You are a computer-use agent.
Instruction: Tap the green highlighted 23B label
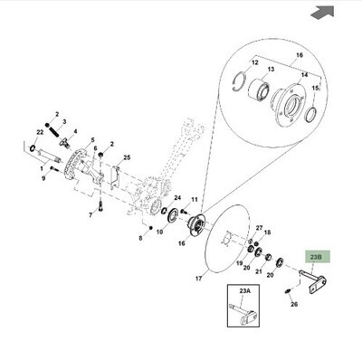click(318, 257)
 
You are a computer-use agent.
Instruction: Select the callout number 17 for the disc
click(198, 279)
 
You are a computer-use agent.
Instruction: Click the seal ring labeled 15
click(311, 115)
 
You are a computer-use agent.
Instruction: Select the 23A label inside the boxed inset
click(245, 291)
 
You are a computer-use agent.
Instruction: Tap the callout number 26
click(294, 304)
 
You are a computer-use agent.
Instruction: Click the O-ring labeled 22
click(33, 148)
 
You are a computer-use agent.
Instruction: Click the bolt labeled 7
click(100, 207)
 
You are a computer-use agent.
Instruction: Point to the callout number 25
click(127, 157)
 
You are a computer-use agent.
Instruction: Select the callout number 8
click(140, 238)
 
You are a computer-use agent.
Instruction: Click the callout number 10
click(160, 232)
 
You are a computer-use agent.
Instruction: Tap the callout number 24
click(177, 198)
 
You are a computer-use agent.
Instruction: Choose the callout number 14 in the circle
click(304, 74)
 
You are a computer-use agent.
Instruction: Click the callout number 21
click(259, 271)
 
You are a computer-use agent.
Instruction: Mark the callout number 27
click(259, 228)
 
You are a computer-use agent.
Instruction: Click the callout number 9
click(43, 178)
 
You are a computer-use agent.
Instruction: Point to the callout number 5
click(92, 139)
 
